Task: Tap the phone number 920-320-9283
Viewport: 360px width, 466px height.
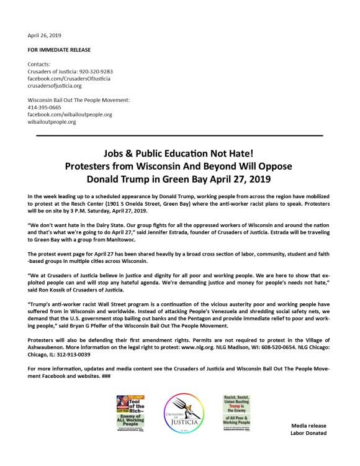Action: pos(93,71)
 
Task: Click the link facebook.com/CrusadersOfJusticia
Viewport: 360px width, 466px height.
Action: pos(65,80)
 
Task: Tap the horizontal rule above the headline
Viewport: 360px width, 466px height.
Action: pos(179,134)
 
